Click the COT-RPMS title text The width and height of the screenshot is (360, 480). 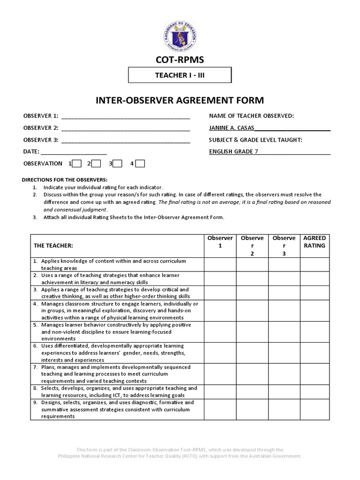180,60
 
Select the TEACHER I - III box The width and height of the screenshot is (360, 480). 180,75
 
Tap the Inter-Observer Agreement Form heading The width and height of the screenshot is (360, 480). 180,100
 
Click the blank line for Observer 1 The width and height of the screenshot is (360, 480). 125,116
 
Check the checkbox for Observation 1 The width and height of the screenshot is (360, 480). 77,164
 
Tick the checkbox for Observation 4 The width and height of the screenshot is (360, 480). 140,164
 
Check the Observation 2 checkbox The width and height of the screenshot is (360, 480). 96,164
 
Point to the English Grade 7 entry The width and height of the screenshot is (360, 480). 233,151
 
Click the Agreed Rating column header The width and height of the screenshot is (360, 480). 315,242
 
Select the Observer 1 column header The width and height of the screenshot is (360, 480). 220,242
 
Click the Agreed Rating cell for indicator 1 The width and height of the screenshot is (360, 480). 315,264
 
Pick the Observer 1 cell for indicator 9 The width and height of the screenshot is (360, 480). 220,409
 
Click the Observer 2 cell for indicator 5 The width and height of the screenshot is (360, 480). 252,331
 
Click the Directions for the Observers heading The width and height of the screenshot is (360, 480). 65,180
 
